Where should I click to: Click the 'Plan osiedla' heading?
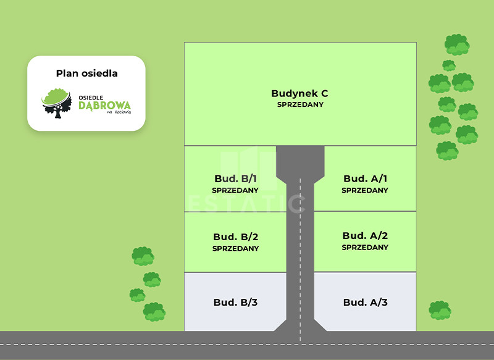(86, 73)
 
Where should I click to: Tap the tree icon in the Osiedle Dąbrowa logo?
(56, 103)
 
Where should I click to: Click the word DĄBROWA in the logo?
(104, 105)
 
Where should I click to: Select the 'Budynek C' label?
(299, 93)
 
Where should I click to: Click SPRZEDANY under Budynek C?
(299, 104)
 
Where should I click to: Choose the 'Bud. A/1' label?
(365, 179)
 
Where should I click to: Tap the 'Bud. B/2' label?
(235, 237)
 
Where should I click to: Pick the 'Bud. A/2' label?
(365, 236)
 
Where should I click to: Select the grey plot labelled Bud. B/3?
(235, 302)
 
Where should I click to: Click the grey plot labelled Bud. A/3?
(365, 302)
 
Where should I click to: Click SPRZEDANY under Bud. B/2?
(235, 248)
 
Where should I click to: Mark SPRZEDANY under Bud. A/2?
(365, 247)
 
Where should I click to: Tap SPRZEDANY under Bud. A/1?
(365, 190)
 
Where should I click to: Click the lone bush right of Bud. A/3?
(440, 309)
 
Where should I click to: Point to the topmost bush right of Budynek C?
(457, 44)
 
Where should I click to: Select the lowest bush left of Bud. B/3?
(154, 311)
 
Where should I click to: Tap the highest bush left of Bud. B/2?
(143, 256)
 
